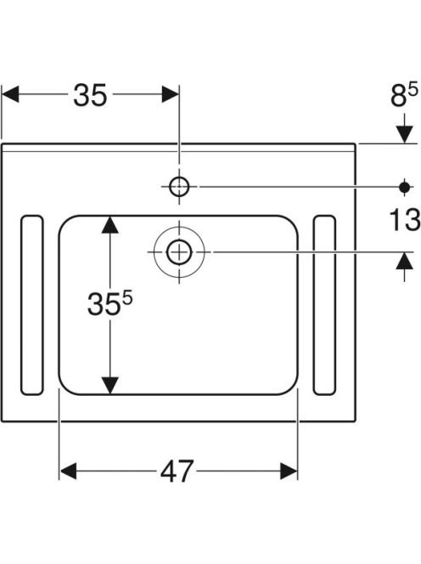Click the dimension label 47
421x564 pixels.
(177, 471)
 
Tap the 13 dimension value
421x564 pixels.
(405, 219)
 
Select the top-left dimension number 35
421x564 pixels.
(90, 95)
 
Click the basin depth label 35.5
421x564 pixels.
(110, 303)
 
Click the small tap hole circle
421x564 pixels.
(179, 187)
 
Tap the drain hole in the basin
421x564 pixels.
(179, 252)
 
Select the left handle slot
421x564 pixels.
(32, 305)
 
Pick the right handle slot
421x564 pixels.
(324, 305)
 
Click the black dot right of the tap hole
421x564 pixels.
(405, 187)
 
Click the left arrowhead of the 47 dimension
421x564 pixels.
(68, 471)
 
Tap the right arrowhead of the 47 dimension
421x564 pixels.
(289, 471)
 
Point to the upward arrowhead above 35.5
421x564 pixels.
(110, 224)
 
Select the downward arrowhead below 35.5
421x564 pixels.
(110, 386)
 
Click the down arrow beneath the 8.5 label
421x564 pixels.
(405, 134)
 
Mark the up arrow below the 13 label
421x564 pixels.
(405, 261)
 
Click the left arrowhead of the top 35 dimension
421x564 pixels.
(10, 94)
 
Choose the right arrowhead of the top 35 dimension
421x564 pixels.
(171, 94)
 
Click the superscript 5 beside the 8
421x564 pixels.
(413, 88)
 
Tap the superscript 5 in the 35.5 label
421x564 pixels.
(127, 297)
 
